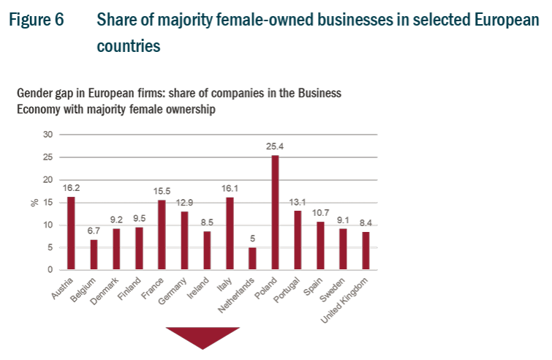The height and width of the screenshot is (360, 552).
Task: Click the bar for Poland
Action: (x=276, y=213)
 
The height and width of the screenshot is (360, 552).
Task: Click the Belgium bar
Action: (x=94, y=255)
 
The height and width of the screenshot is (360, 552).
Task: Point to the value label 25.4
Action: (x=276, y=146)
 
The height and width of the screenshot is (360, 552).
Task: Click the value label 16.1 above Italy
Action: (x=230, y=188)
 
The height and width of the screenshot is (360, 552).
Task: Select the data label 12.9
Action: (x=184, y=203)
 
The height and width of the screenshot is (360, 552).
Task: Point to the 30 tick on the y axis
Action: (x=48, y=135)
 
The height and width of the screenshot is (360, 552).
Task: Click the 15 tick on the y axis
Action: (x=48, y=203)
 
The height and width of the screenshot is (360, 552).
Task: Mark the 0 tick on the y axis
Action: (x=50, y=270)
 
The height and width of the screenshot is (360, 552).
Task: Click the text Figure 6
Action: (x=36, y=19)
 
